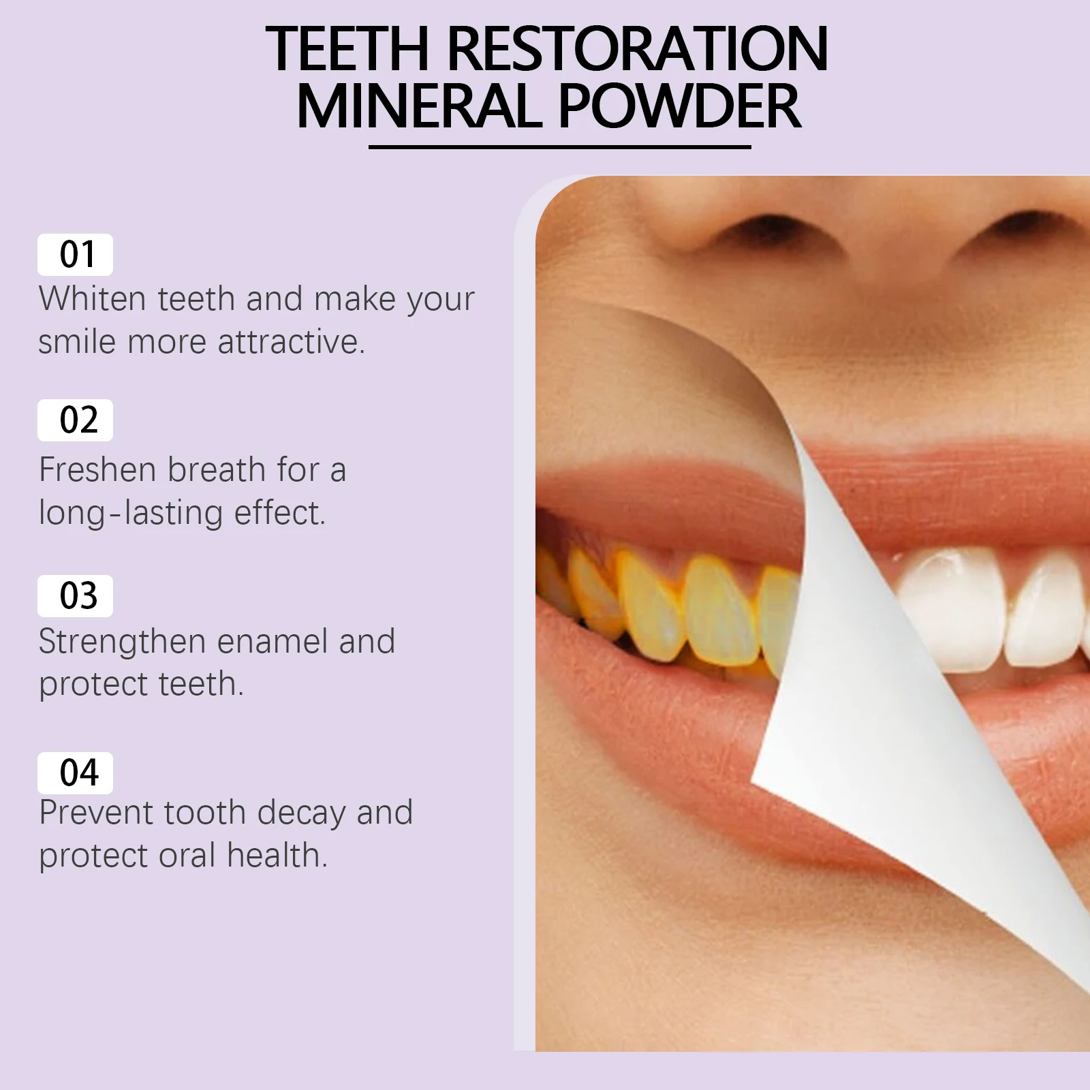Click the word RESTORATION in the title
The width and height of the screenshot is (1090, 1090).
[637, 49]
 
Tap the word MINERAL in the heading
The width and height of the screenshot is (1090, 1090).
[418, 107]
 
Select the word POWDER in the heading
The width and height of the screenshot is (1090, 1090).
[679, 107]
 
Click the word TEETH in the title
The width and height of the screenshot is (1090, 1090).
[347, 49]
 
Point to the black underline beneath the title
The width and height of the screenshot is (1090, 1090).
[559, 146]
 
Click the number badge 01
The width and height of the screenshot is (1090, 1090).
[75, 255]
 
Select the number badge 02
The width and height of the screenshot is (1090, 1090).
[75, 420]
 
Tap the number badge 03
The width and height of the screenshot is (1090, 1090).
[75, 596]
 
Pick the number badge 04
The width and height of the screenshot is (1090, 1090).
[75, 773]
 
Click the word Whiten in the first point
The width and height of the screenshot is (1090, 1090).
[93, 299]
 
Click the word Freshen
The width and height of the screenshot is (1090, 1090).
[97, 470]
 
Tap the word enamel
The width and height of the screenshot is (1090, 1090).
[272, 642]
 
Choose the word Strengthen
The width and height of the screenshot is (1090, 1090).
[122, 642]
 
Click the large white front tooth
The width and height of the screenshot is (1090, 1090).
[954, 606]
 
